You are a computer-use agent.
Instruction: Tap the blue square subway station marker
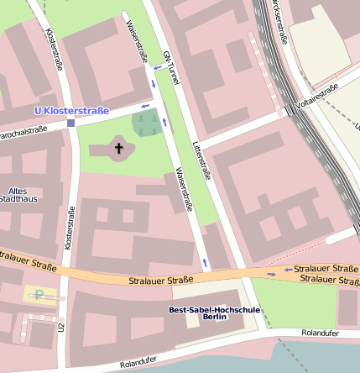point(70,123)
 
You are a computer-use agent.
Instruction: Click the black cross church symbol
point(118,150)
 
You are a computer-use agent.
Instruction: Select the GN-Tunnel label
point(171,65)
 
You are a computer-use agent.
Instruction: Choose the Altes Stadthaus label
point(18,196)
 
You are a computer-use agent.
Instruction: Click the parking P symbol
point(38,294)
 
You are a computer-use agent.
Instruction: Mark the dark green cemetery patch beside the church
point(145,124)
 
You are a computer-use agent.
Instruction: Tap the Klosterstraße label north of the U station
point(55,50)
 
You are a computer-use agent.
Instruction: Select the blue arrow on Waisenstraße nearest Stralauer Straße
point(204,263)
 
